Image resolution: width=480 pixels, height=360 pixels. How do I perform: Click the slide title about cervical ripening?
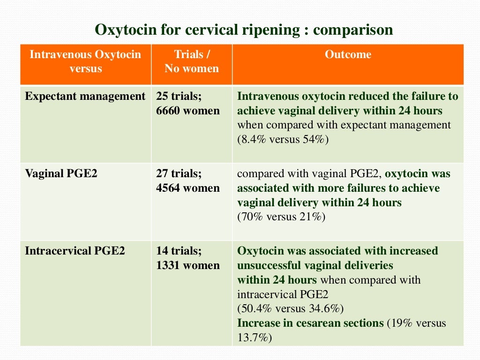[x=244, y=30]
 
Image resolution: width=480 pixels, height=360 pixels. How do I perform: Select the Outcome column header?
[x=348, y=55]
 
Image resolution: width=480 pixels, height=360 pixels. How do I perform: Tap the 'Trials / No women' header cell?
[x=191, y=61]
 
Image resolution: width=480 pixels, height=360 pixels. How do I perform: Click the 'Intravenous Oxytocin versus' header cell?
[x=85, y=61]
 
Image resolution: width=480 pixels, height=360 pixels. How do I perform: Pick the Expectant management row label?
[x=85, y=97]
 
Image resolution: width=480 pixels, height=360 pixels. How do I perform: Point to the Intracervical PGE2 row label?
[x=75, y=251]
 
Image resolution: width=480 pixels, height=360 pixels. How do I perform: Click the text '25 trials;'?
[x=179, y=97]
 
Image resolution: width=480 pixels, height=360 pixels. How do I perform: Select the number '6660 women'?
[x=187, y=111]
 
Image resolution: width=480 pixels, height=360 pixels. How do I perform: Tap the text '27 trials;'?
[x=179, y=174]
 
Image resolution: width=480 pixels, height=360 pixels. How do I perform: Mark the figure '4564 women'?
[x=187, y=188]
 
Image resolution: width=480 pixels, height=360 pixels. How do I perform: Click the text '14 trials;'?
[x=179, y=251]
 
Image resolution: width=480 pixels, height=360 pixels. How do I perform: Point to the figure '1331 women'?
[x=187, y=265]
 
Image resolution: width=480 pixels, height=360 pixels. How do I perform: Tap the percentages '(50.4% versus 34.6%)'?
[x=291, y=309]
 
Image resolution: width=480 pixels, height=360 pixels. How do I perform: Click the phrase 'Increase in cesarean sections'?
[x=311, y=323]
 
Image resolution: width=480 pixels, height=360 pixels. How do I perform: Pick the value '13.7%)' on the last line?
[x=255, y=337]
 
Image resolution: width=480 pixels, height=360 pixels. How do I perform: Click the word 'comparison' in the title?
[x=353, y=30]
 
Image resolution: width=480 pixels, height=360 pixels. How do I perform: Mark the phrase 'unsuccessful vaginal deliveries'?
[x=315, y=265]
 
